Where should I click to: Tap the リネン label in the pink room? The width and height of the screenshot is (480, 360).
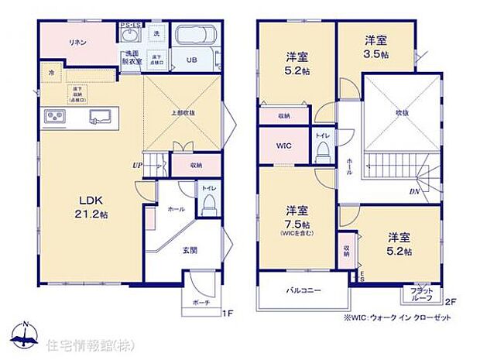pos(77,43)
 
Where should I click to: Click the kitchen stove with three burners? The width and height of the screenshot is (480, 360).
pos(56,118)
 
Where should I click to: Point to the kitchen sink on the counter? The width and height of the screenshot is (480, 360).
pos(101,118)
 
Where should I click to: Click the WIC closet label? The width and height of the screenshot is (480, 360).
pos(284,146)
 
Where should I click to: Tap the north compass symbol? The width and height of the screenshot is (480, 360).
pos(28,334)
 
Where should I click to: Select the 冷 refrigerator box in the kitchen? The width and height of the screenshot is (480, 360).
pos(50,73)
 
